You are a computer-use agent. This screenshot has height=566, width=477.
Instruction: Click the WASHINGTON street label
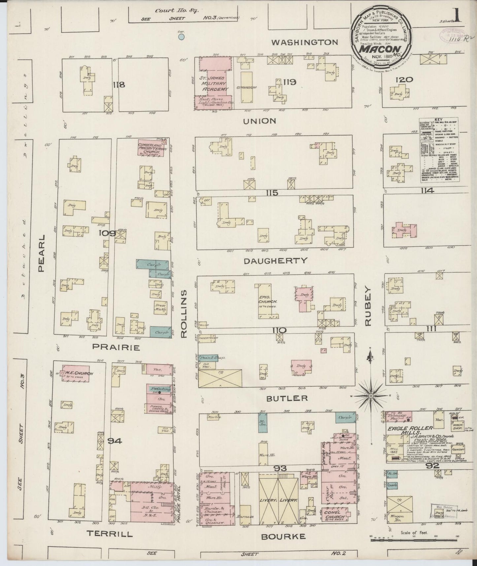click(x=305, y=42)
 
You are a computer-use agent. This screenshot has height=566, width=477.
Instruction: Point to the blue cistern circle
click(x=181, y=37)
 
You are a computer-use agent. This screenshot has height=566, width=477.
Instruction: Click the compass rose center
click(x=371, y=396)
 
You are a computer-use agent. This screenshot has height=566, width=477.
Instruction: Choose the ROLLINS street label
click(x=184, y=314)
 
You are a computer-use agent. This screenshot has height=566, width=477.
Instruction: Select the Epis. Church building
click(x=268, y=301)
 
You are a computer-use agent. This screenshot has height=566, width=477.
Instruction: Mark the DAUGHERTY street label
click(x=276, y=261)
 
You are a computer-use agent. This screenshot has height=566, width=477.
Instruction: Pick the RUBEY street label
click(x=368, y=306)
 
